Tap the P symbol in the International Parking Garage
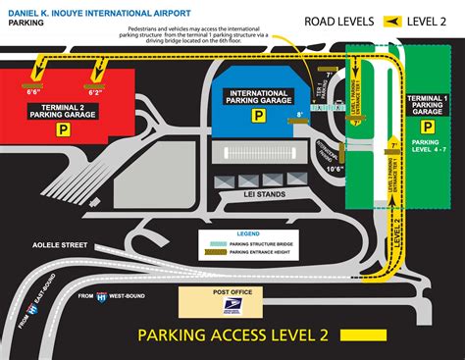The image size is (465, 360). tap(257, 116)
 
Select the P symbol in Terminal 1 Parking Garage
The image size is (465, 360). tap(425, 129)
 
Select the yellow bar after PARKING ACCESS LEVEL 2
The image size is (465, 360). tap(411, 335)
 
